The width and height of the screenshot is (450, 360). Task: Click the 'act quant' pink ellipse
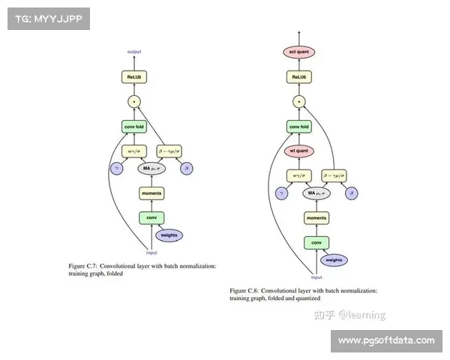(298, 52)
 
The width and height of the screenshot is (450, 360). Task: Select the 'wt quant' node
(298, 149)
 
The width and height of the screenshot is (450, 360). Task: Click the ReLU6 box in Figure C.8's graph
(298, 76)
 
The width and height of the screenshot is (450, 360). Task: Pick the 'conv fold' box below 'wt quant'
(298, 126)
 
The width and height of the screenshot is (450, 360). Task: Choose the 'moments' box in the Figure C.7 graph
(151, 193)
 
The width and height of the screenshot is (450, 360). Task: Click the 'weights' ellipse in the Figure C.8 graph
(334, 259)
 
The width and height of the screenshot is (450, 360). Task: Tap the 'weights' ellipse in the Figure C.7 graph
(169, 235)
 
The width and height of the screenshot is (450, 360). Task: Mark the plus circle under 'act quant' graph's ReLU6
(298, 101)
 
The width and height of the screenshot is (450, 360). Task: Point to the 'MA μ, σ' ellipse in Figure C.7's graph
(151, 168)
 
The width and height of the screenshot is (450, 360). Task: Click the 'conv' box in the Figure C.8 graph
(316, 242)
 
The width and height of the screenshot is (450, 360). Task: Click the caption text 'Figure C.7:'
(83, 266)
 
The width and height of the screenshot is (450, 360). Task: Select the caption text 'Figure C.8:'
(246, 290)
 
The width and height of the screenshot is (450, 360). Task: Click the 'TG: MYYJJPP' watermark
(47, 18)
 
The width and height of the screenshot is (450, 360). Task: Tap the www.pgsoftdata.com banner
(386, 340)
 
